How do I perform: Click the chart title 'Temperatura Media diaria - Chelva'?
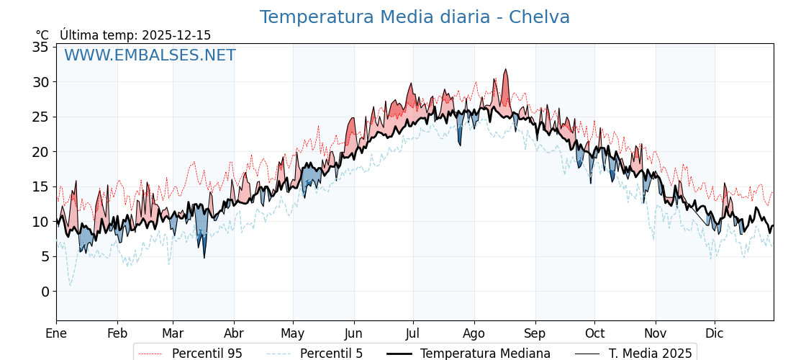415,17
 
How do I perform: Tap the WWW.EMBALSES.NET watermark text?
150,55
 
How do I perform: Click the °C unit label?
42,35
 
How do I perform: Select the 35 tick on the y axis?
40,47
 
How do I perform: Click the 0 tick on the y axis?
45,292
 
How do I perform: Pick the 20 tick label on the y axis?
40,152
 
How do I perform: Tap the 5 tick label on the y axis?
45,256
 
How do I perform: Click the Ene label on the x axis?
56,333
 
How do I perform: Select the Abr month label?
234,333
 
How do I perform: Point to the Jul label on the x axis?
413,333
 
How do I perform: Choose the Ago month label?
474,333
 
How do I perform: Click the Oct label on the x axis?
594,333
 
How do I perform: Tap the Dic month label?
715,333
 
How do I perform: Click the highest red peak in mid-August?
506,70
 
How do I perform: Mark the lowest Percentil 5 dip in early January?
70,285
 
